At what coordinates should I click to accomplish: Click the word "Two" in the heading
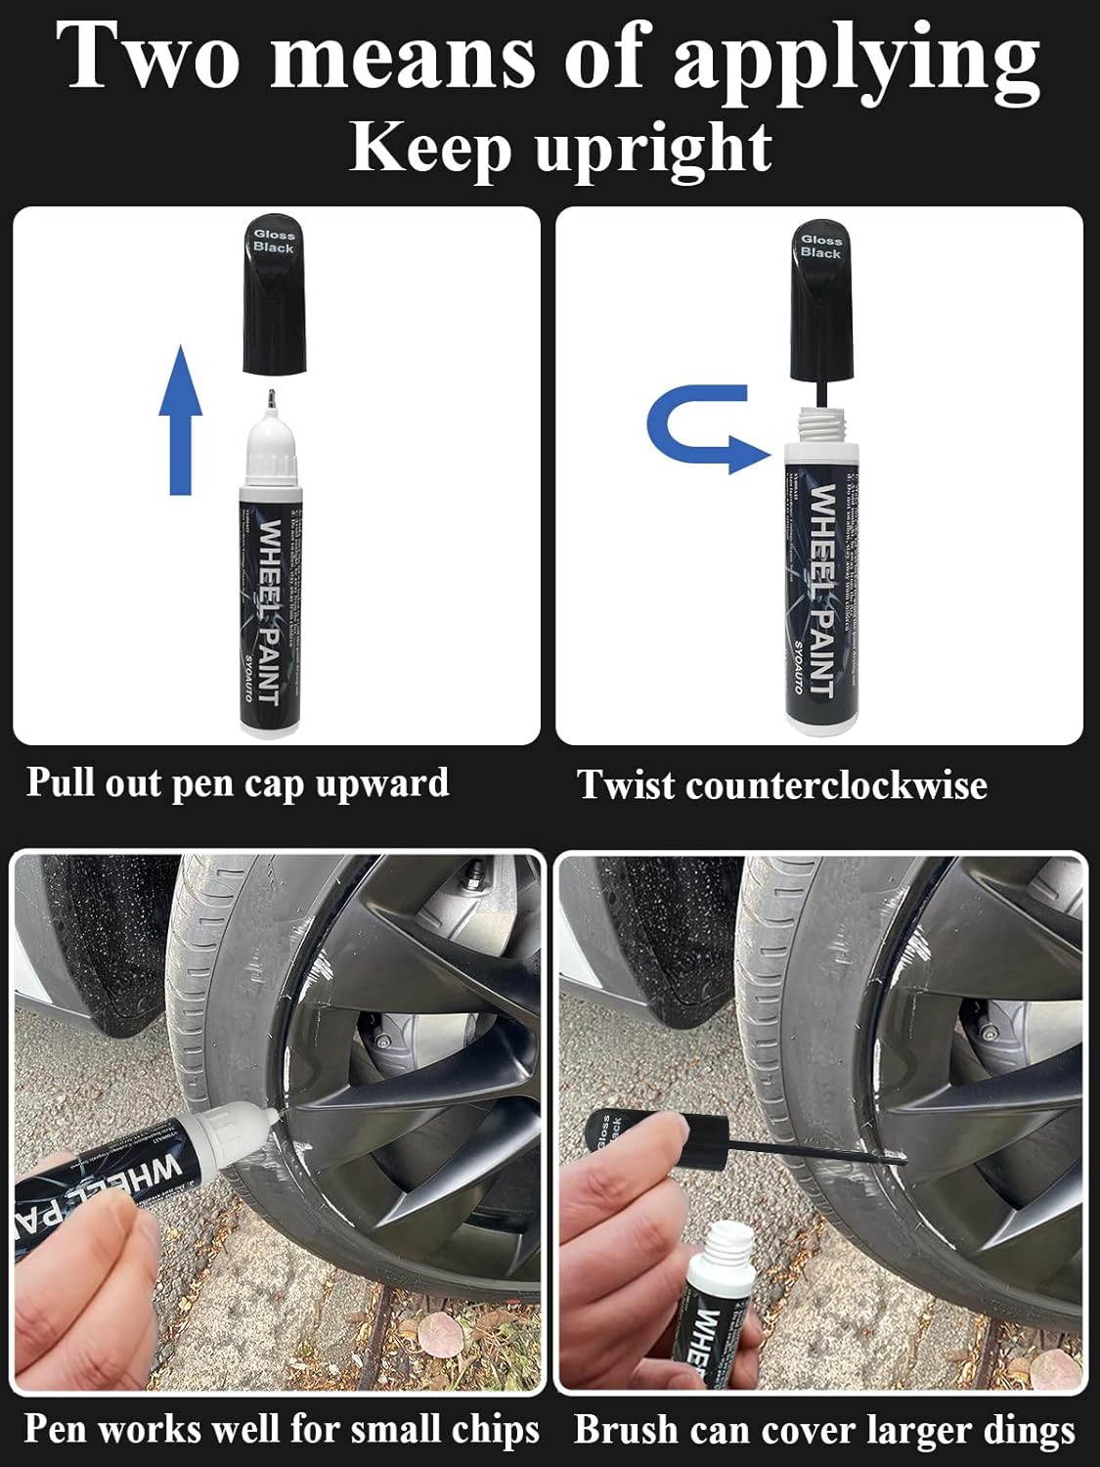pos(147,56)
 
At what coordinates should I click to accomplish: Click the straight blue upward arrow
pos(181,421)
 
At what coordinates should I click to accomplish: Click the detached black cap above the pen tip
pos(274,293)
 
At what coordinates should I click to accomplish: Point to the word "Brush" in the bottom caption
pos(627,1429)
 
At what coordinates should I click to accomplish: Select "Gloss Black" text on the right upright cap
pos(820,245)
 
